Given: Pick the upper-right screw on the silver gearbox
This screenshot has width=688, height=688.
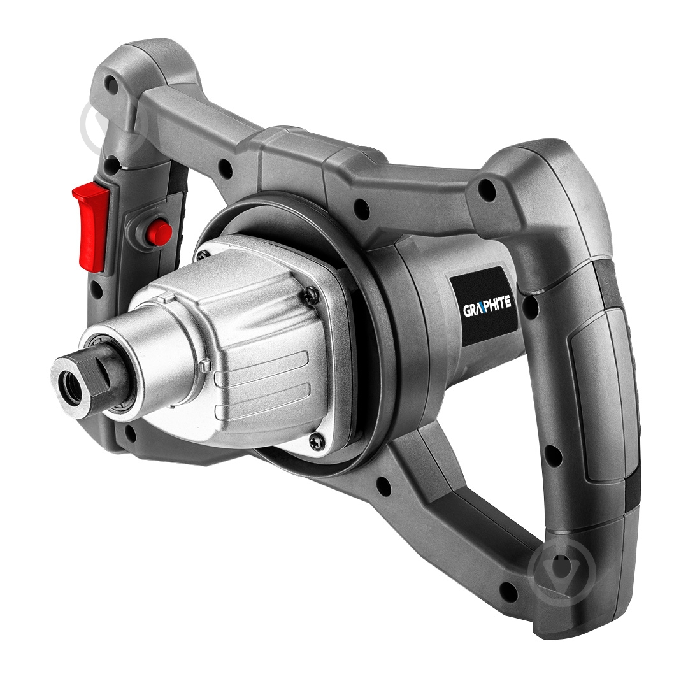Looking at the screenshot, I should pos(311,292).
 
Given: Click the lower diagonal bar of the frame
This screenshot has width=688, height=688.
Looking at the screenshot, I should pos(446,503).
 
